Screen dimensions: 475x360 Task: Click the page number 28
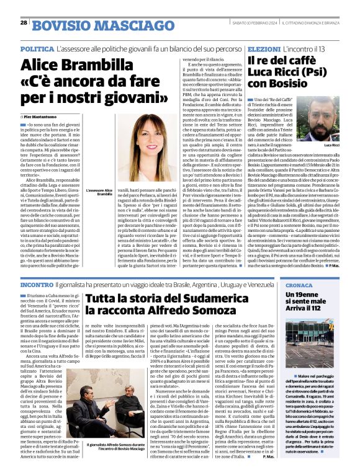coord(24,23)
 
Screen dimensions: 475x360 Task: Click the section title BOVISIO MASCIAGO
coord(85,25)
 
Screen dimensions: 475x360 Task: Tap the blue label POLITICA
coord(37,48)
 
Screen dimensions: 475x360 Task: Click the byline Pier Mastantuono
coord(45,116)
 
